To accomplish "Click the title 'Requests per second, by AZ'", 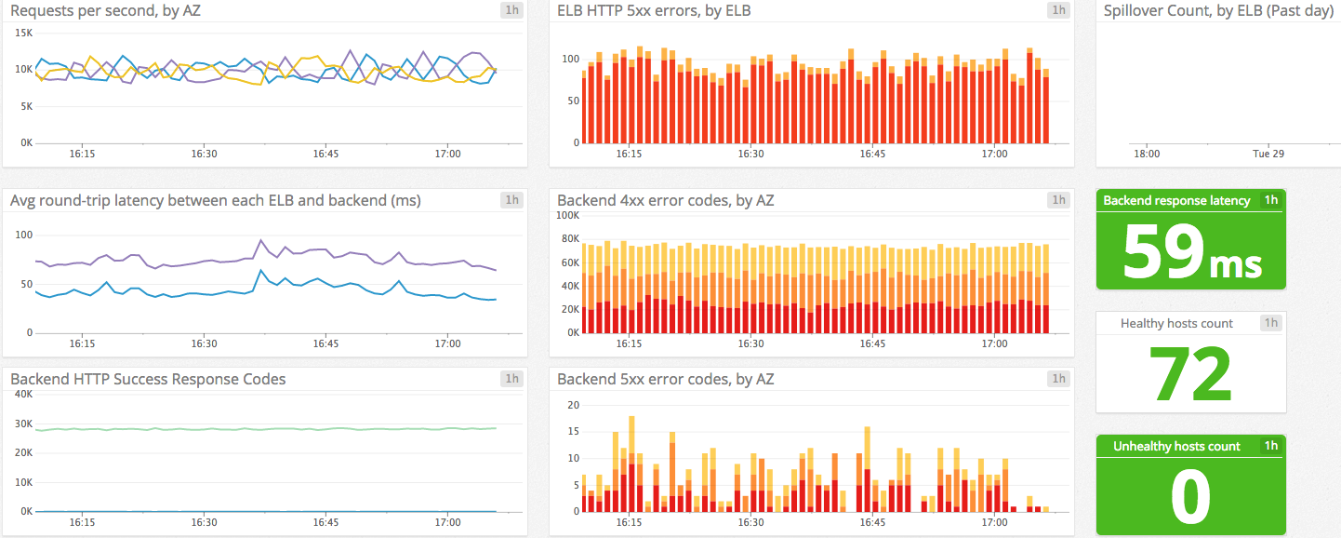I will coord(105,11).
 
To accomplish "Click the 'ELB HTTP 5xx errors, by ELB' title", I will coord(654,11).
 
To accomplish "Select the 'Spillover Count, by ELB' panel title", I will coord(1218,11).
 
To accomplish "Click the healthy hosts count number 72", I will coord(1191,373).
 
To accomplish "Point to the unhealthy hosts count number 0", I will coord(1190,497).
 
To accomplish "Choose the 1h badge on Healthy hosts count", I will coord(1270,323).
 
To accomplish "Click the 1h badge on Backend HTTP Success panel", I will coord(511,379).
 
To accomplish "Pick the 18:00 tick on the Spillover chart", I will coord(1147,154).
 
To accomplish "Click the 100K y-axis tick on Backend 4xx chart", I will coord(568,215).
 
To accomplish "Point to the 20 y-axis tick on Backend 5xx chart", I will coord(574,405).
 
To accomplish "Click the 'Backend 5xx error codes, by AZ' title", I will coord(665,379).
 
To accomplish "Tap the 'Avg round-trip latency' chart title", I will coord(215,200).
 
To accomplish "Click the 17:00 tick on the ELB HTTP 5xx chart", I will coord(994,154).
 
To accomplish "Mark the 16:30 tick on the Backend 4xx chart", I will coord(751,343).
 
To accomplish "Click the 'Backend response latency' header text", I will coord(1176,200).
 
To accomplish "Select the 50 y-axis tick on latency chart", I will coord(26,284).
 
